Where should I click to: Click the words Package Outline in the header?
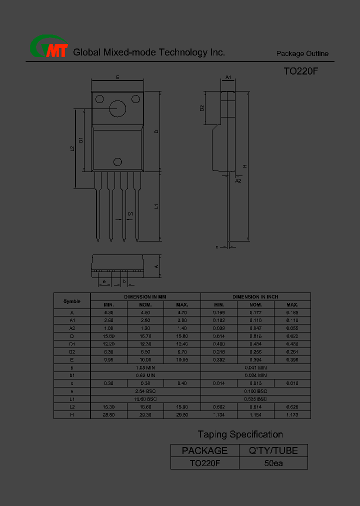click(x=302, y=53)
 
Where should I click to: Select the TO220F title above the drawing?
click(x=300, y=71)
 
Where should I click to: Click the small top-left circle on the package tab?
click(x=99, y=98)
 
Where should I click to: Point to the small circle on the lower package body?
click(x=118, y=161)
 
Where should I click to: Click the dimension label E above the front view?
click(x=117, y=77)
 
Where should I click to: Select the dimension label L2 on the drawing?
click(x=72, y=148)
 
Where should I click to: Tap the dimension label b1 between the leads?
click(x=130, y=214)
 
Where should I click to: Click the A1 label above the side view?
click(x=228, y=77)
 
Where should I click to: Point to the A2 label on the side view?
click(x=238, y=180)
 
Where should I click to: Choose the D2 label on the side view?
click(x=202, y=108)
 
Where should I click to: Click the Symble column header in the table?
click(x=72, y=301)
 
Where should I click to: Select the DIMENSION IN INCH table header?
click(x=255, y=297)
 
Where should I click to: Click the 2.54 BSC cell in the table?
click(x=145, y=391)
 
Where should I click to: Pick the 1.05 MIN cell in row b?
click(x=145, y=367)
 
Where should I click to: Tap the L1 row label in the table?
click(x=72, y=399)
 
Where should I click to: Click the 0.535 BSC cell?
click(x=255, y=399)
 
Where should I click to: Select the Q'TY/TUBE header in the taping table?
click(x=273, y=450)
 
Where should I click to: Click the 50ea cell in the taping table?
click(x=273, y=463)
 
